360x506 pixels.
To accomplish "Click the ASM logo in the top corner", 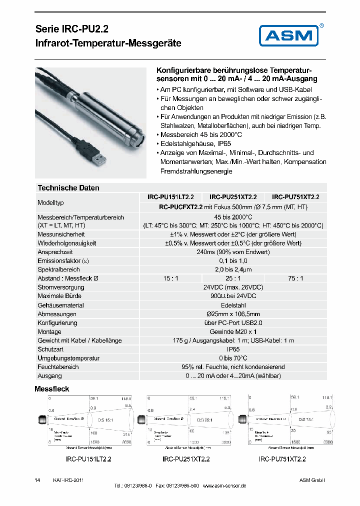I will (x=289, y=35).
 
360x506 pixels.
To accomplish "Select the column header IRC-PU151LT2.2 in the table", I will (x=173, y=197).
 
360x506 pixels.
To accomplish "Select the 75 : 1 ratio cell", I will (x=295, y=278).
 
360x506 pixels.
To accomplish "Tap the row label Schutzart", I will (x=50, y=349).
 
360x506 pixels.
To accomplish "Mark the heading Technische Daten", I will (x=68, y=188).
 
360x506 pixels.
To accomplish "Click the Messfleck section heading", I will (x=51, y=388).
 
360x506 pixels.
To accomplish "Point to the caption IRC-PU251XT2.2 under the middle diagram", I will (x=186, y=459).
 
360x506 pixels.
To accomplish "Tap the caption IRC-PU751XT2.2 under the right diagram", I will (x=282, y=459).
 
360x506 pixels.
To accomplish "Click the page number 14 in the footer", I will (x=37, y=480).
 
